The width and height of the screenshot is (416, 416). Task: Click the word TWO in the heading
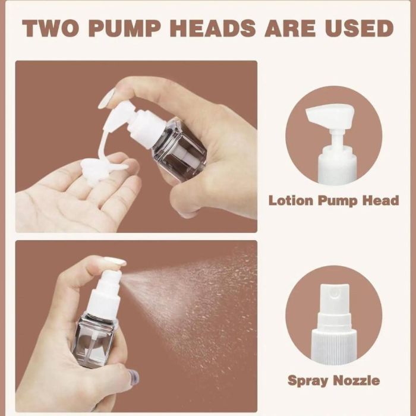pyautogui.click(x=51, y=28)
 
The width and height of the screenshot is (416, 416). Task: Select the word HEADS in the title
pyautogui.click(x=213, y=28)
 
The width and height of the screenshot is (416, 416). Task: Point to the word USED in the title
pyautogui.click(x=359, y=28)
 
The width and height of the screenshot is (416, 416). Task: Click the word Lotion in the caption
pyautogui.click(x=291, y=200)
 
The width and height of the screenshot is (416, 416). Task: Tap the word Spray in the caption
pyautogui.click(x=308, y=381)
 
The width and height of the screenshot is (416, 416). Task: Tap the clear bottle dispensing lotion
pyautogui.click(x=178, y=150)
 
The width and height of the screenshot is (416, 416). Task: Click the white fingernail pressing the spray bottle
pyautogui.click(x=115, y=261)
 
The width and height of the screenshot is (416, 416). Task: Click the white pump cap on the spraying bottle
pyautogui.click(x=106, y=293)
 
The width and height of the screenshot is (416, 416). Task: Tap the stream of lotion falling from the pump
pyautogui.click(x=107, y=141)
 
